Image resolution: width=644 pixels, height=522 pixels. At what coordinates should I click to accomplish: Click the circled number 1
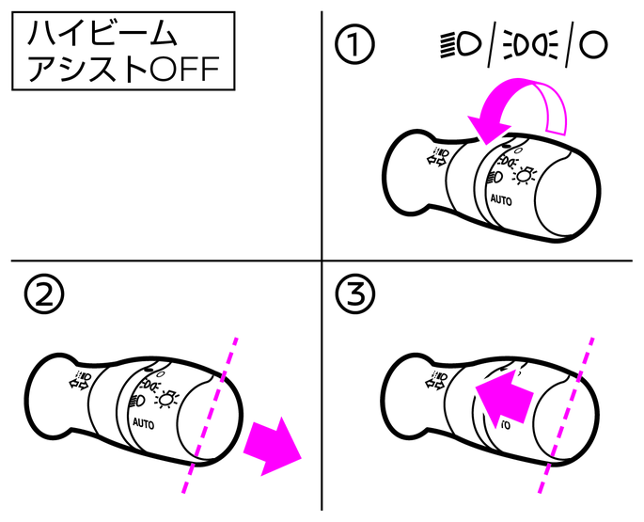(354, 44)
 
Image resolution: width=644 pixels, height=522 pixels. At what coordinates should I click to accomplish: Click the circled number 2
(44, 295)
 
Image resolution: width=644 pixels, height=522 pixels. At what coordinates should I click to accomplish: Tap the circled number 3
(355, 295)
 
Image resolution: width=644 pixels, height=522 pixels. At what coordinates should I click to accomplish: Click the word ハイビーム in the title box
(102, 33)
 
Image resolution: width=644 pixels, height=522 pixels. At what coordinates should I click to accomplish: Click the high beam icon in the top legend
(461, 44)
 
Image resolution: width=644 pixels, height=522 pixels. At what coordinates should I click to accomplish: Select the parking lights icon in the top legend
(530, 44)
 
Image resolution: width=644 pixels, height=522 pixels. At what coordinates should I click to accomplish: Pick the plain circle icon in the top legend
(593, 44)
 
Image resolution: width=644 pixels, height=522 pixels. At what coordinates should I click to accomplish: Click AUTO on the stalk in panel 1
(501, 200)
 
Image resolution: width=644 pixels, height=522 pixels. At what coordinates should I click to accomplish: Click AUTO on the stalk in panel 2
(144, 423)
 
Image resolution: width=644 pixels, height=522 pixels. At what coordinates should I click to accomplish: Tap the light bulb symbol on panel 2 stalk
(166, 399)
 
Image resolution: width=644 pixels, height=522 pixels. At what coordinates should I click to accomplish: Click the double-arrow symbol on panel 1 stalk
(437, 157)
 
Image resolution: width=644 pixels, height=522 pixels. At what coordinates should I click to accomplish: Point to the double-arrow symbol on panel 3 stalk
(435, 380)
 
